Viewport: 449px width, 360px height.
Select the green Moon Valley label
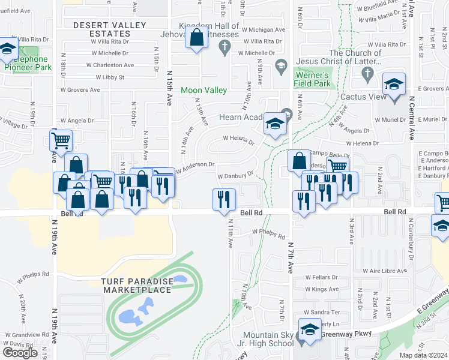[204, 90]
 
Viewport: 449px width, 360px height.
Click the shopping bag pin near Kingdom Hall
[196, 39]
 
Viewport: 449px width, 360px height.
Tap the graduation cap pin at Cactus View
[394, 85]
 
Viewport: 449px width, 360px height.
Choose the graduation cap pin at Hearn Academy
[275, 124]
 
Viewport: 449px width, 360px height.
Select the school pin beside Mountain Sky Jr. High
[310, 331]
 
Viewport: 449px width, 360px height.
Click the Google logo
[20, 352]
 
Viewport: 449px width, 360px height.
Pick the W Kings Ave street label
[322, 289]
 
